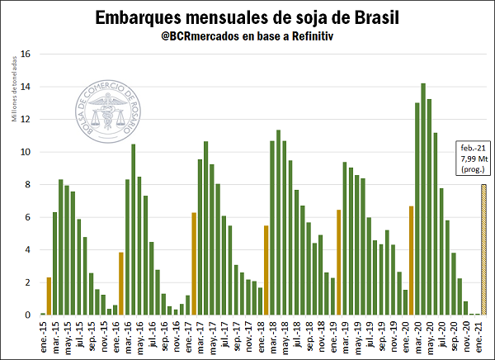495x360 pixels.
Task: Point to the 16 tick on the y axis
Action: click(25, 54)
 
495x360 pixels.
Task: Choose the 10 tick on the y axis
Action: click(25, 152)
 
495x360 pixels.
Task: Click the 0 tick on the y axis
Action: click(27, 315)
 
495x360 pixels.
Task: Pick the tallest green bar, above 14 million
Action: click(423, 198)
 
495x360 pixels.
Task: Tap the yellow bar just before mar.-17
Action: click(194, 263)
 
